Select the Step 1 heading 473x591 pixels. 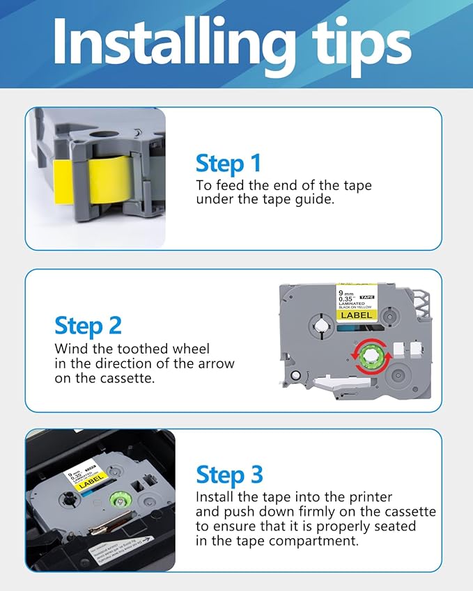[x=228, y=164]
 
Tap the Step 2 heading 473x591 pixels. [x=88, y=325]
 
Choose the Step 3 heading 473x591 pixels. [x=229, y=475]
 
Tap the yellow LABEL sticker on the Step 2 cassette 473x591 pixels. [x=356, y=315]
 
